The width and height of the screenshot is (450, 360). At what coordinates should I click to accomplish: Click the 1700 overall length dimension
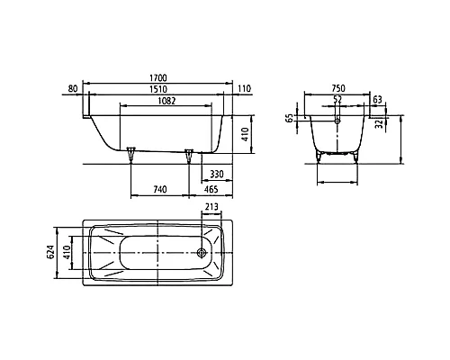[x=158, y=78]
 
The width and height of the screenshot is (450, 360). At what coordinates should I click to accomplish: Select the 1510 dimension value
[x=158, y=89]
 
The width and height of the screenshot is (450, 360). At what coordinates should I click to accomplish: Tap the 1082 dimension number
[x=166, y=101]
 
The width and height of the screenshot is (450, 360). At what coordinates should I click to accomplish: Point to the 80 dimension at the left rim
[x=73, y=89]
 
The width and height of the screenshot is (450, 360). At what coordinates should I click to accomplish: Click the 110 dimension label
[x=245, y=89]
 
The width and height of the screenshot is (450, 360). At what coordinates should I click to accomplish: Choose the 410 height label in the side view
[x=245, y=135]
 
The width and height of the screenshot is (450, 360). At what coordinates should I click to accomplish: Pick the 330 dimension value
[x=217, y=174]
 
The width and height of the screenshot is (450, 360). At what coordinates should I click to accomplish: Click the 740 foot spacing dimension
[x=160, y=190]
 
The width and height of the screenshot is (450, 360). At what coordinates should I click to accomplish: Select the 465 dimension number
[x=211, y=190]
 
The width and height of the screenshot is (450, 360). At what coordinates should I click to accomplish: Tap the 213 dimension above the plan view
[x=211, y=207]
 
